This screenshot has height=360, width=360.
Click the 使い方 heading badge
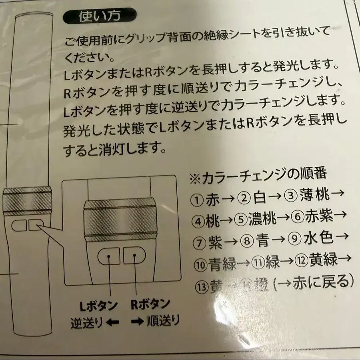coord(100,17)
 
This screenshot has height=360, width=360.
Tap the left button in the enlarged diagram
coord(109,255)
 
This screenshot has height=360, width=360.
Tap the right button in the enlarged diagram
coord(134,254)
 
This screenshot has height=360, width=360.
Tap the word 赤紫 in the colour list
coord(319,217)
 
